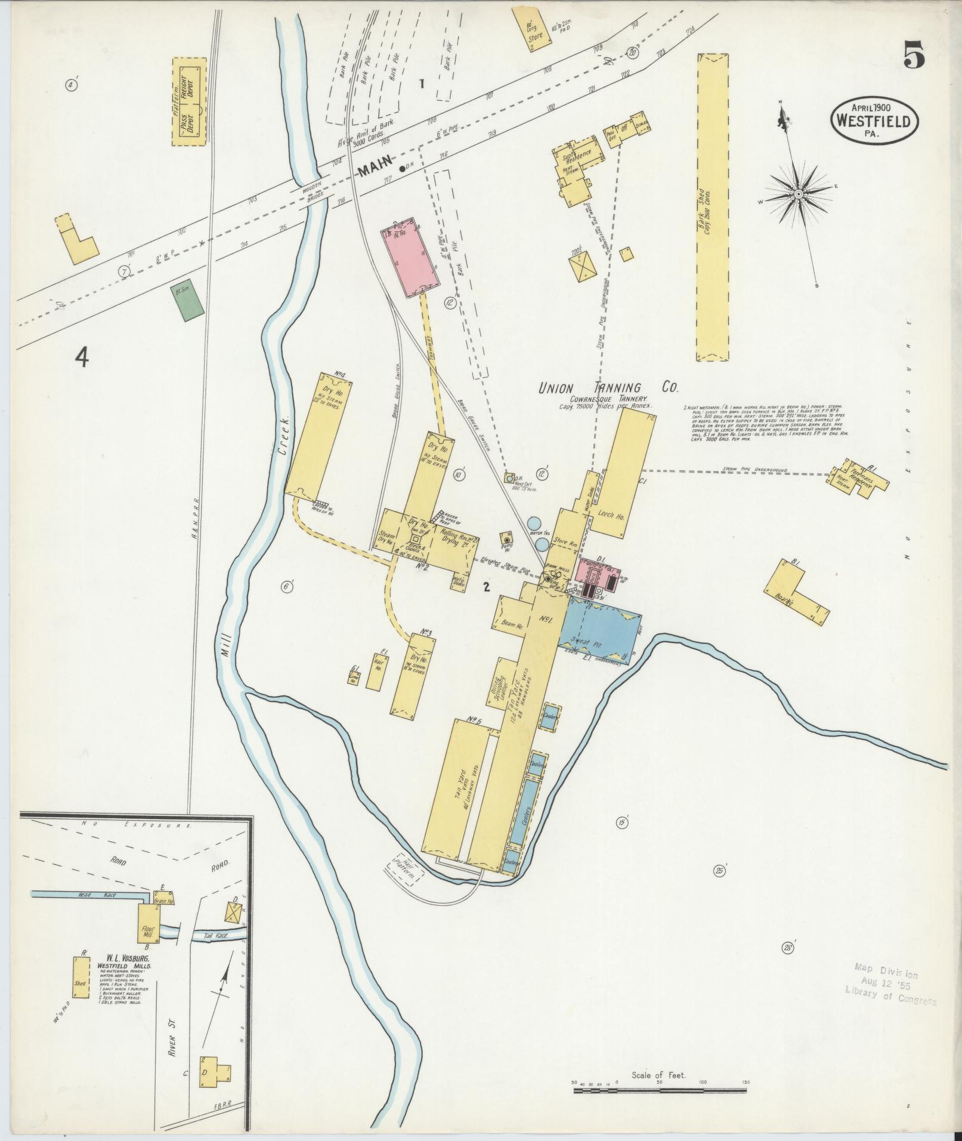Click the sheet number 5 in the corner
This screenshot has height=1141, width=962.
pyautogui.click(x=913, y=57)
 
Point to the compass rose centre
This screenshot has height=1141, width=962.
pyautogui.click(x=798, y=194)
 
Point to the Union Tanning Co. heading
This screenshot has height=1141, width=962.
pyautogui.click(x=608, y=388)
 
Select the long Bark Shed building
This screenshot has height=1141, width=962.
pyautogui.click(x=712, y=208)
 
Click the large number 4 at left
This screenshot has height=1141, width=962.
pyautogui.click(x=82, y=357)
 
